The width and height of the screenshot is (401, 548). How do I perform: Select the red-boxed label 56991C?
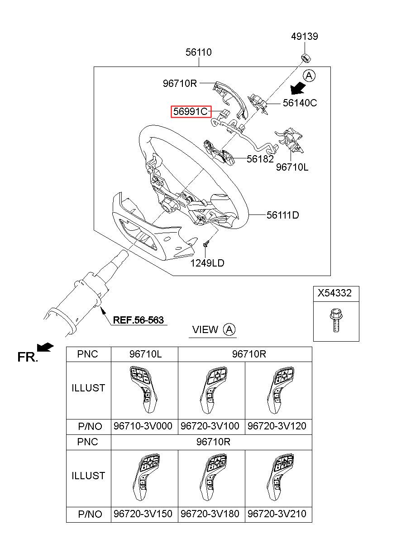tap(191, 111)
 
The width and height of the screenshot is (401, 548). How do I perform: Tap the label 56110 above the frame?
tap(198, 52)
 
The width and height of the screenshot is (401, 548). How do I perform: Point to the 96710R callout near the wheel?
tap(180, 83)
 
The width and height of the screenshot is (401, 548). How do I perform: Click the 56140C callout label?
tap(300, 103)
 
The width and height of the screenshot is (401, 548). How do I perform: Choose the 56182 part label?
tap(260, 159)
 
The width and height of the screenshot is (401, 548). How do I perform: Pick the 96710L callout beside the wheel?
tap(292, 167)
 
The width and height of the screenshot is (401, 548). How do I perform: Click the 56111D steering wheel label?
tap(282, 215)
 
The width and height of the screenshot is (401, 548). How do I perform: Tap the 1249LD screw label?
tap(207, 263)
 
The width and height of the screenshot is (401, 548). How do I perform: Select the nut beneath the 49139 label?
tap(305, 57)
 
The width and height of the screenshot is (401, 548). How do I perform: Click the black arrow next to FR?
tap(45, 348)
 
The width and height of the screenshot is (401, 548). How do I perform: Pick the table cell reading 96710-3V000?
tap(143, 426)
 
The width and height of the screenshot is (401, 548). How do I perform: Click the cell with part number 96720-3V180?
tap(210, 514)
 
